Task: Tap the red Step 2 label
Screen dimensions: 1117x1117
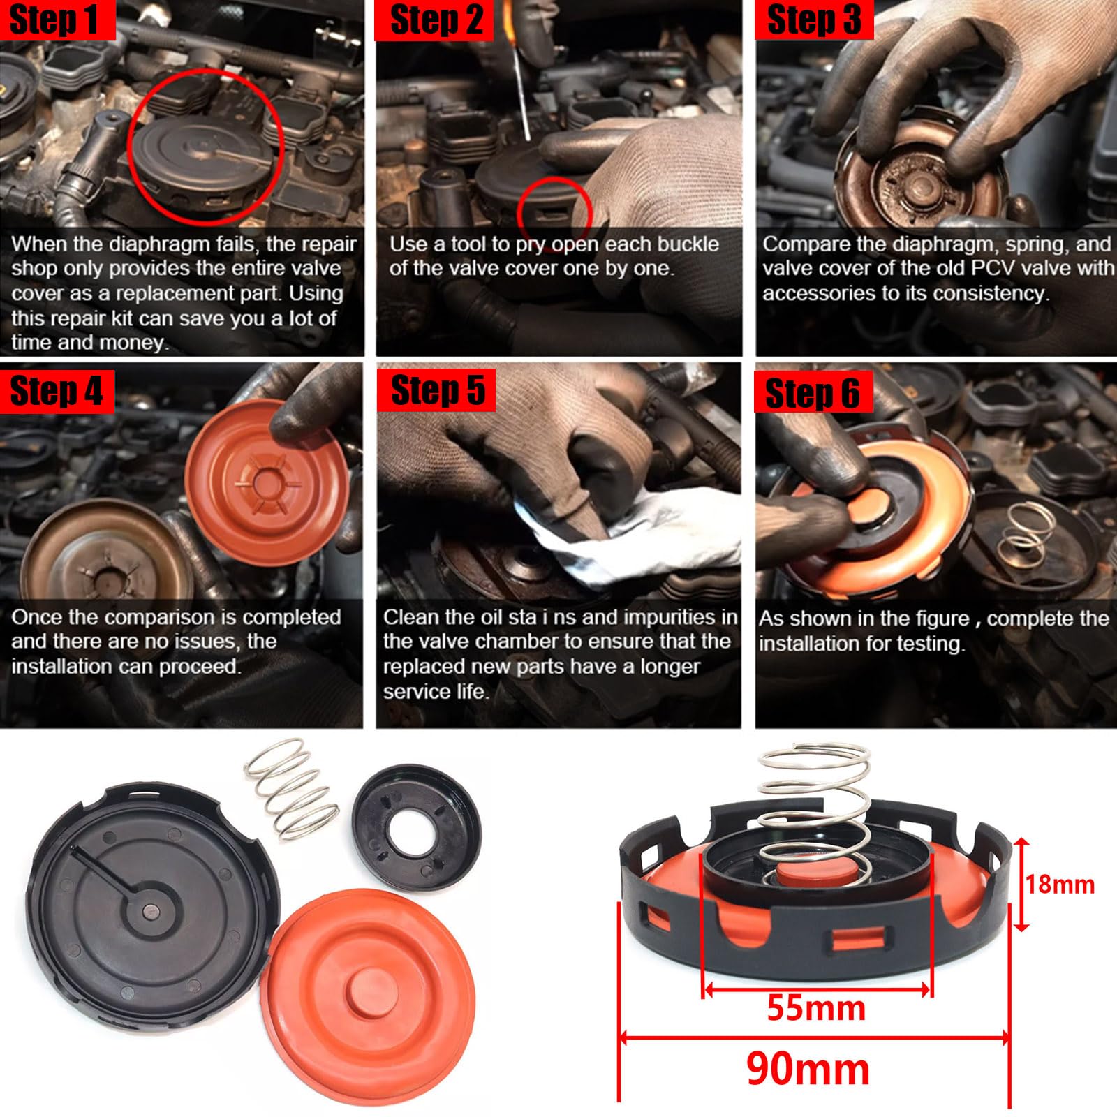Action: click(x=436, y=20)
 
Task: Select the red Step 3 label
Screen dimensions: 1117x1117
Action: click(x=813, y=20)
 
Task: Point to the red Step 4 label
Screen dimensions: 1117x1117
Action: click(x=56, y=391)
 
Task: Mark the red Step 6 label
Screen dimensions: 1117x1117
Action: click(x=812, y=393)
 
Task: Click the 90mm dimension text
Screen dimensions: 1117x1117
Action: click(x=808, y=1069)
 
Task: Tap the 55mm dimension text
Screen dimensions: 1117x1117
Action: click(x=815, y=1008)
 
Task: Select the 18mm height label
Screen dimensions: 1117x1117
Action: click(x=1059, y=885)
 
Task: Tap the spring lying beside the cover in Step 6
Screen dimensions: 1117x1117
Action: click(x=1026, y=531)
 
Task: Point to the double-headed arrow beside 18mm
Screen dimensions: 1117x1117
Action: click(x=1021, y=885)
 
